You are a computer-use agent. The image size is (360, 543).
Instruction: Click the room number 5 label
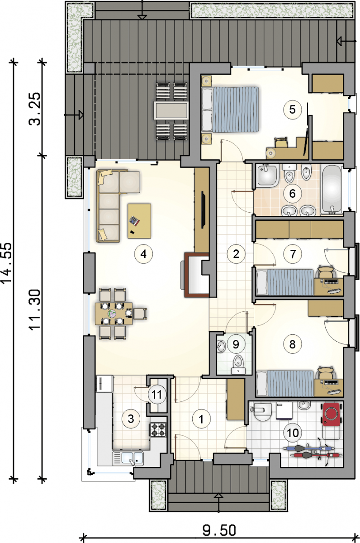click(293, 110)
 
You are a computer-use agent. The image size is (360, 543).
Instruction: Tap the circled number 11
click(157, 395)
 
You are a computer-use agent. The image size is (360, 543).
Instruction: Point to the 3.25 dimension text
click(34, 109)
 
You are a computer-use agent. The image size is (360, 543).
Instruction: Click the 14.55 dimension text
click(6, 263)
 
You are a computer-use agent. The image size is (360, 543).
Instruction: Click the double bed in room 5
click(230, 110)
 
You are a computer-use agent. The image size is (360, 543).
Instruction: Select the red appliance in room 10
click(331, 414)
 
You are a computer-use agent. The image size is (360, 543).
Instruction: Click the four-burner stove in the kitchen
click(158, 429)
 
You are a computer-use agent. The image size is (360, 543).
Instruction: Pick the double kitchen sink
click(128, 457)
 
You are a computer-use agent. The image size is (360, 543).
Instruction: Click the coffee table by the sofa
click(139, 221)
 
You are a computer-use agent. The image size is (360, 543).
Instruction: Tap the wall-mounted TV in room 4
click(203, 210)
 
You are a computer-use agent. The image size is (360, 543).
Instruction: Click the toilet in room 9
click(238, 364)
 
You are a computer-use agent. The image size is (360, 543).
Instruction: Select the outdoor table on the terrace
click(171, 110)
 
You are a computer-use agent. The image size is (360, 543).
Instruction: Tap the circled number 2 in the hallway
click(236, 254)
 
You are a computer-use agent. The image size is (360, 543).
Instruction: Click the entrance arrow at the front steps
click(218, 500)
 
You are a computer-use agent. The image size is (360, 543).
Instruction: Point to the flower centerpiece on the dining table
click(112, 314)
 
